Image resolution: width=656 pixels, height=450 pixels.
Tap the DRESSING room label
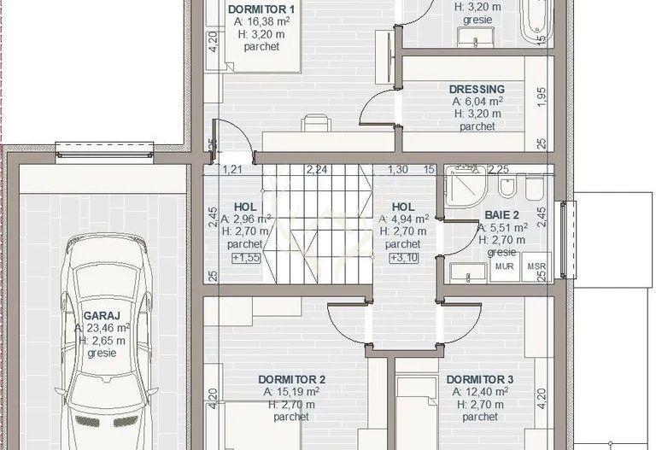pos(477,89)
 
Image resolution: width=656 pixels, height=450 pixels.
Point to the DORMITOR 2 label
pos(291,379)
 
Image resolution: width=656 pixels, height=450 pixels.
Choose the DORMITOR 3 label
pos(479,379)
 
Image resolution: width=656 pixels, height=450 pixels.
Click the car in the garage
pos(100,342)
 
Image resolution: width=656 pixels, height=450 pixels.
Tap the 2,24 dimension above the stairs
pos(317,170)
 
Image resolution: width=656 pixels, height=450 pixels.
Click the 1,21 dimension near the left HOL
pos(231,170)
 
